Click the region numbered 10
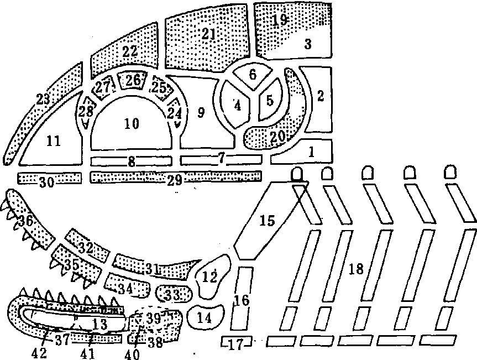(x=132, y=124)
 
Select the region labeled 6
(x=253, y=74)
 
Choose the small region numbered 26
(x=133, y=81)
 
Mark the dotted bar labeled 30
(x=49, y=178)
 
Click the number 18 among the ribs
(x=357, y=269)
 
